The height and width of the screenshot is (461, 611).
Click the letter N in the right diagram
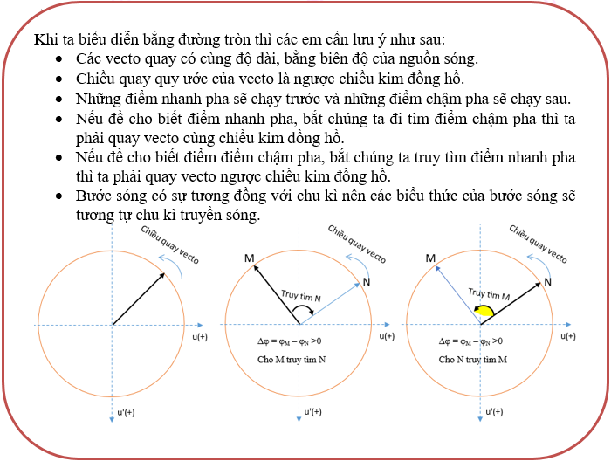point(547,281)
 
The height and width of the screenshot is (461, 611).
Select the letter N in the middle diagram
point(366,282)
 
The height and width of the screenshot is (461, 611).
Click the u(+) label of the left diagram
point(200,336)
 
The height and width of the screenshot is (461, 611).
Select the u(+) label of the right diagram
point(567,336)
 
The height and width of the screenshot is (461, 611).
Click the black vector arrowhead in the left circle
point(162,275)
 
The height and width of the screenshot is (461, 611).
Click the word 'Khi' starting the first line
point(45,40)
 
